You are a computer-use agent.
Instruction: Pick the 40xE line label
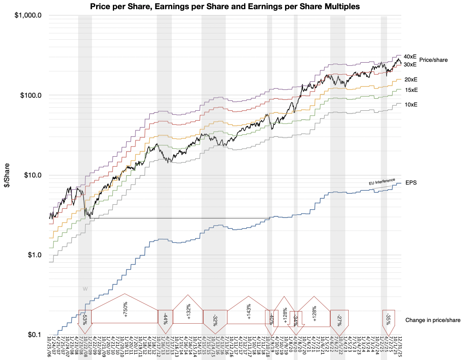[410, 56]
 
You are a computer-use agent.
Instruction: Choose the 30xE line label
[410, 65]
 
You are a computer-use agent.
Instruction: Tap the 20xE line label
[411, 79]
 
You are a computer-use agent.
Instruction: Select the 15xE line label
[411, 90]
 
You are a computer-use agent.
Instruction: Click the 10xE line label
[411, 105]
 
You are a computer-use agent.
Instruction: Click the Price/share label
[434, 60]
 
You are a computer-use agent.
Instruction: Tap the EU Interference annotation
[382, 182]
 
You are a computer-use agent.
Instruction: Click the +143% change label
[249, 311]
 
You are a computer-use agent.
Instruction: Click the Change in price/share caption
[433, 320]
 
